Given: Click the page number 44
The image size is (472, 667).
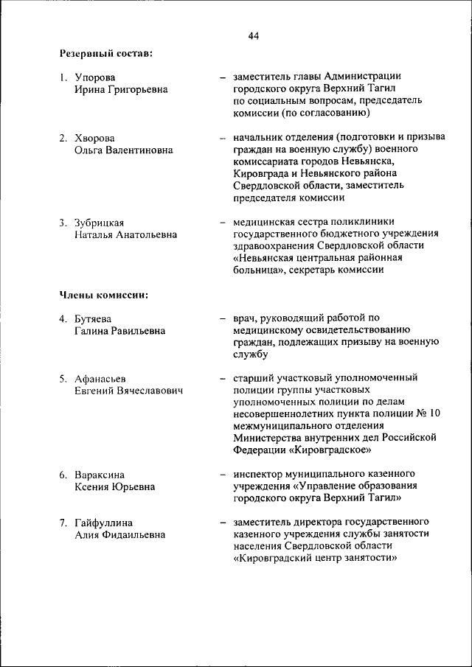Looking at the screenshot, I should [254, 35].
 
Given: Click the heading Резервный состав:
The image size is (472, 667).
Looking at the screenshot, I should [106, 53].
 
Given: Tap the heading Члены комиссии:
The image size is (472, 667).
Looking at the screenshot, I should [104, 296].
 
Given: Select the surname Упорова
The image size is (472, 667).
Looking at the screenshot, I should [95, 77].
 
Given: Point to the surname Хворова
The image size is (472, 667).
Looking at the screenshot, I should [95, 138].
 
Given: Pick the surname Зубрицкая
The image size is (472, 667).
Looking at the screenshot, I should [100, 222].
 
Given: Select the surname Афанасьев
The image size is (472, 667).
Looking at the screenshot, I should [100, 379].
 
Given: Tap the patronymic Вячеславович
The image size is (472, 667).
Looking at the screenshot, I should [150, 391].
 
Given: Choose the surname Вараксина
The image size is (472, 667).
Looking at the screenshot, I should [100, 474].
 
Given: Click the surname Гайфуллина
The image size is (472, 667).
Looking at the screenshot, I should [104, 523].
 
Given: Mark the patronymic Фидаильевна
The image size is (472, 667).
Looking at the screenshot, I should [134, 535].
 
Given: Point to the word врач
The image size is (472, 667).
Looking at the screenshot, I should [245, 318].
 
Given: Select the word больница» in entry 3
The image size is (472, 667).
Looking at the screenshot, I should [258, 270].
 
